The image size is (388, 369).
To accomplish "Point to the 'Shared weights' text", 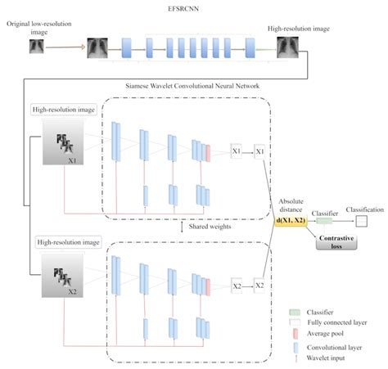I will click(x=196, y=227).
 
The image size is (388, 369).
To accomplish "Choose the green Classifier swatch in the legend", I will click(x=297, y=311).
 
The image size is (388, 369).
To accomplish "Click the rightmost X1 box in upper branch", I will click(x=259, y=152).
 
